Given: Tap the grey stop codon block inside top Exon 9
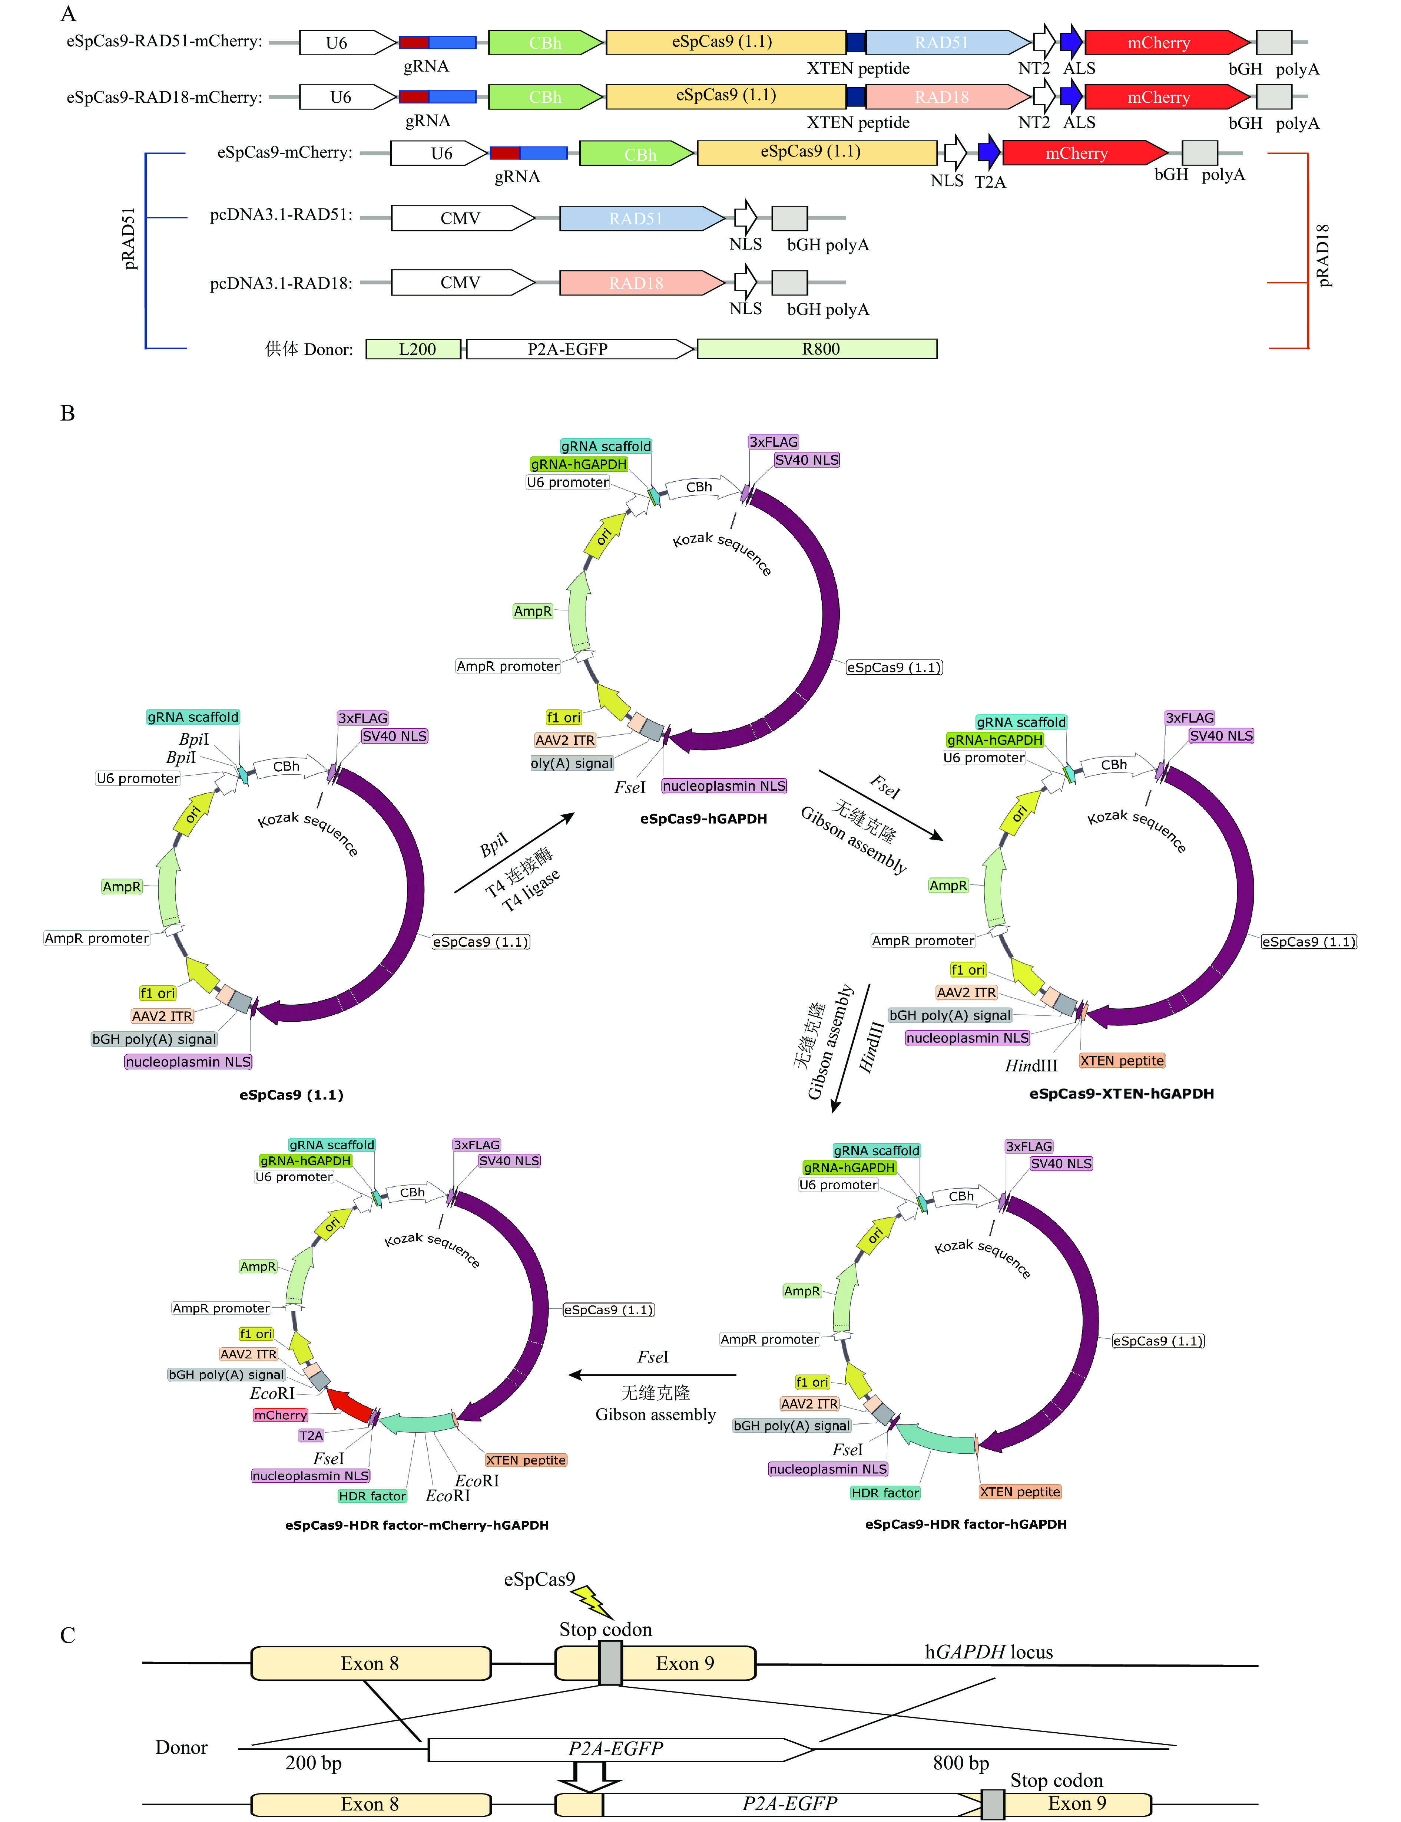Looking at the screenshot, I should pyautogui.click(x=610, y=1663).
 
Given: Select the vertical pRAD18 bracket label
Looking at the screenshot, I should pyautogui.click(x=1322, y=255).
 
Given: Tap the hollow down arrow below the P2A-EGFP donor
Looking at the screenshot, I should pyautogui.click(x=590, y=1777).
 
